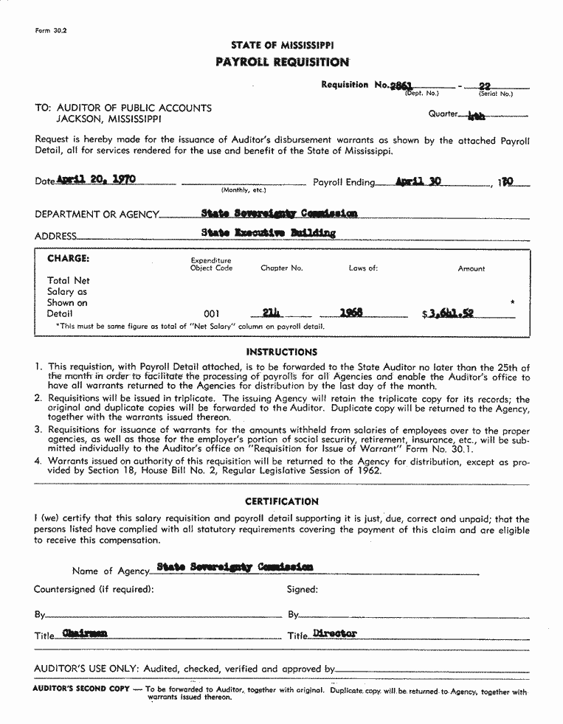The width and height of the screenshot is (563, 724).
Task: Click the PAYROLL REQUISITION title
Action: tap(282, 62)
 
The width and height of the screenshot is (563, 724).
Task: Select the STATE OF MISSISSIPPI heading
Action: tap(282, 46)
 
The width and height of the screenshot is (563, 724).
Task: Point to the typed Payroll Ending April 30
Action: tap(418, 181)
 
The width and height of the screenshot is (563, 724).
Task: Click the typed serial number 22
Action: tap(485, 86)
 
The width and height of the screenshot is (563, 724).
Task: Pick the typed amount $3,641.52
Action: tap(449, 313)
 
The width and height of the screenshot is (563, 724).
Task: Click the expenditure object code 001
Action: tap(211, 313)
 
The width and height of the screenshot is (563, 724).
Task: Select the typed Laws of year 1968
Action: tap(350, 313)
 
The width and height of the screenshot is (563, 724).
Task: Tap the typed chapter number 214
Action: tap(272, 313)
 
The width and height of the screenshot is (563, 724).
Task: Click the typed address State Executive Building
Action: tap(268, 233)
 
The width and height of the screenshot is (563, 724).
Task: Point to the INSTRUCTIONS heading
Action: tap(282, 352)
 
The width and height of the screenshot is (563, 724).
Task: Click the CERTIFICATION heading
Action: tap(282, 501)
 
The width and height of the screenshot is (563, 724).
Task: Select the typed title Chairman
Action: tap(85, 633)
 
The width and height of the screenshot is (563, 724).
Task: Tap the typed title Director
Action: tap(334, 633)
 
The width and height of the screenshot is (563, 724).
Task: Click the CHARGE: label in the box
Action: tap(68, 259)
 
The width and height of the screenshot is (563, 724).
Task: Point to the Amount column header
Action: tap(471, 269)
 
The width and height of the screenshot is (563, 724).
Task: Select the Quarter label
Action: tap(443, 114)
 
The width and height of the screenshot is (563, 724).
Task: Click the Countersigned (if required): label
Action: tap(94, 589)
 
